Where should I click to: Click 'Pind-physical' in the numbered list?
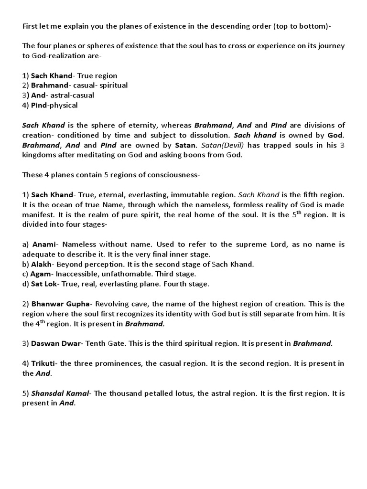click(54, 105)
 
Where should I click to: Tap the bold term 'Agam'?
click(42, 274)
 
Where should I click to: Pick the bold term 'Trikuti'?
click(44, 363)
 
